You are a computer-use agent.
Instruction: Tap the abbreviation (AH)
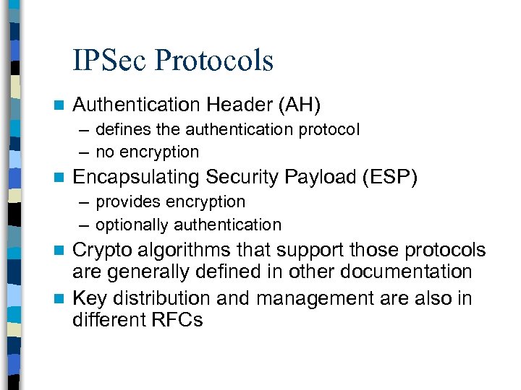click(300, 105)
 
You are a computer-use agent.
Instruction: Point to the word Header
click(239, 105)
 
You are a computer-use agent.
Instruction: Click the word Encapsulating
click(137, 177)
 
